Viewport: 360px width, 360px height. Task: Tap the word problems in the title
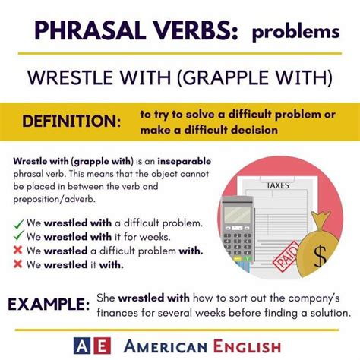(x=295, y=33)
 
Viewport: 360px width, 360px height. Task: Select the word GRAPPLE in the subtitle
(x=224, y=77)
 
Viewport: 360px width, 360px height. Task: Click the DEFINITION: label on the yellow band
(x=71, y=121)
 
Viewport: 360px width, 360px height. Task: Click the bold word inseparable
(x=185, y=162)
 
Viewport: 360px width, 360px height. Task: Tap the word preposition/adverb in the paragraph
(x=55, y=199)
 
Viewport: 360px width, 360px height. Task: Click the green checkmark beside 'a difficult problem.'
(x=19, y=224)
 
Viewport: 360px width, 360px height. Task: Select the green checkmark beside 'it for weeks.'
(x=19, y=235)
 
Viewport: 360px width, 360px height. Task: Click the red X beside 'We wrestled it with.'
(x=17, y=264)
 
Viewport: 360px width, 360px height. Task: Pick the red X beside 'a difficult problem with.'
(x=17, y=250)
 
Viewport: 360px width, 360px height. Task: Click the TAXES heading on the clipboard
(x=278, y=185)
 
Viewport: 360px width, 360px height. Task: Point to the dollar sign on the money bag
(x=321, y=255)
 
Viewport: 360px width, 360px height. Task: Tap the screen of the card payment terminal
(x=238, y=215)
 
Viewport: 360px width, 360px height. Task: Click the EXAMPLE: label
(x=49, y=304)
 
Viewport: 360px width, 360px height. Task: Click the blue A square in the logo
(x=82, y=346)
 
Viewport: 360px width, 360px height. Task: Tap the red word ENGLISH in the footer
(x=247, y=346)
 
